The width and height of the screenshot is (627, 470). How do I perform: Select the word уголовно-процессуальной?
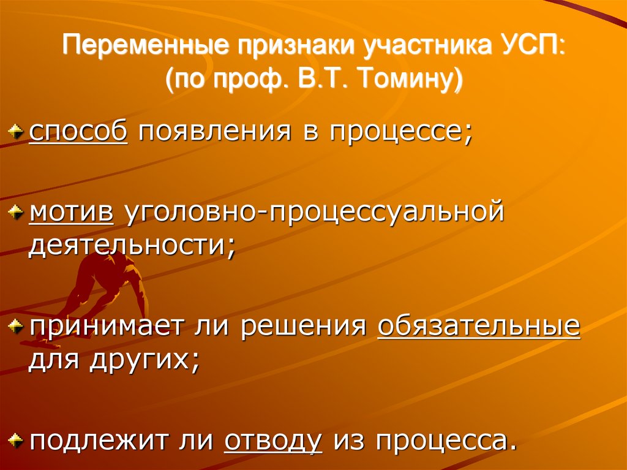314,214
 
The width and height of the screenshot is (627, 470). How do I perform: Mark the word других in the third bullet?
144,358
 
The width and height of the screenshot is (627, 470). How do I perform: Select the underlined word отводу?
273,440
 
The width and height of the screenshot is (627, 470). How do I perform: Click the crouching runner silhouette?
104,279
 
